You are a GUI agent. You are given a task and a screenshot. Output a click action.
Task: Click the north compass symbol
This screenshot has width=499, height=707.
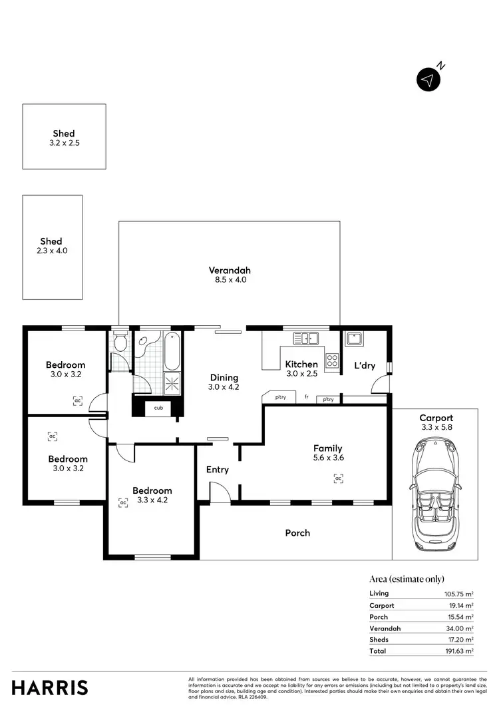tap(429, 80)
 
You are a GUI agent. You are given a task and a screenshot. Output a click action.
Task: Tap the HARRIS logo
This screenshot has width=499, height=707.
tap(50, 687)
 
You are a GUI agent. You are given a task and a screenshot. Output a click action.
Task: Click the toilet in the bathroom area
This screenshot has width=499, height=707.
tap(120, 343)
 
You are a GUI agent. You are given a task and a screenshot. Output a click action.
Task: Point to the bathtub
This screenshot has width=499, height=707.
tap(170, 351)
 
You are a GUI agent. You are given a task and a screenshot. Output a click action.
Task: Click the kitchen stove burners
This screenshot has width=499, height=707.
tap(332, 360)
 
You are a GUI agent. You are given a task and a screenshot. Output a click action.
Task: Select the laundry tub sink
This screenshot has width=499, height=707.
tap(353, 339)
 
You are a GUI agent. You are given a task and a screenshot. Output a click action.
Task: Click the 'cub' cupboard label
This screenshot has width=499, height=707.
tap(158, 408)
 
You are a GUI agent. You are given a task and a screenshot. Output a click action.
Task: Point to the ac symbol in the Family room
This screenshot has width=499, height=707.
tap(338, 478)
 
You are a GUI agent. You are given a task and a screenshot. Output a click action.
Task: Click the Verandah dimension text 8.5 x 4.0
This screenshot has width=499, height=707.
tap(230, 281)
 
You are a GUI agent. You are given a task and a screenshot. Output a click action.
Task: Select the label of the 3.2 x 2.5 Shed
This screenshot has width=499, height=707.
tap(64, 133)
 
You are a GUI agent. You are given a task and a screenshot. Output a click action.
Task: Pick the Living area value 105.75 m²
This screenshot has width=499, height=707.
tap(459, 594)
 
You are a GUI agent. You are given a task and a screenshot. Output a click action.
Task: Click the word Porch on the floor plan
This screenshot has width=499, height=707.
tap(297, 533)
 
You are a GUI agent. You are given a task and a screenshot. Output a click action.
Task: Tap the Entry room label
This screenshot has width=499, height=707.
tap(217, 470)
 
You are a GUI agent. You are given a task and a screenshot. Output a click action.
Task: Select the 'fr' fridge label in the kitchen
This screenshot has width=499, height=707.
tap(306, 397)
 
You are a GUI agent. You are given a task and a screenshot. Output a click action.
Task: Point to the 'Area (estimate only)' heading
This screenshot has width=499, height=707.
tap(407, 579)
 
